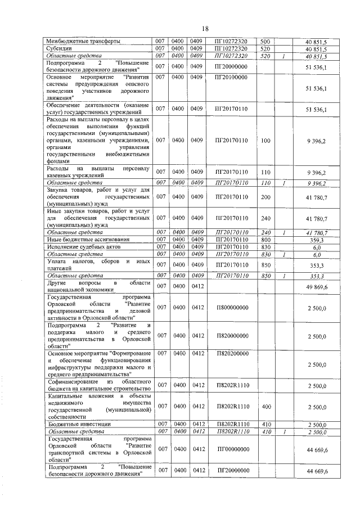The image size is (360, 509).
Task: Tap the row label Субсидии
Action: (59, 48)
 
